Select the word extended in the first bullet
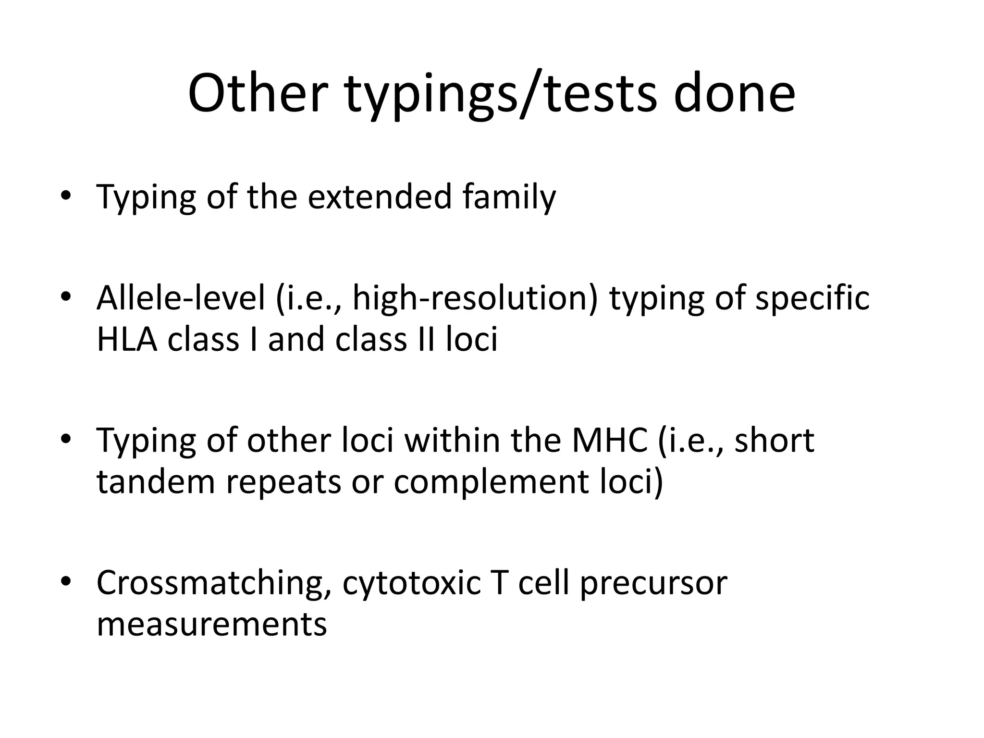pyautogui.click(x=380, y=197)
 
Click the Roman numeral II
pyautogui.click(x=425, y=339)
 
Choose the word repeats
pyautogui.click(x=283, y=482)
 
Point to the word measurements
pyautogui.click(x=212, y=624)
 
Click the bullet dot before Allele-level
pyautogui.click(x=66, y=297)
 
